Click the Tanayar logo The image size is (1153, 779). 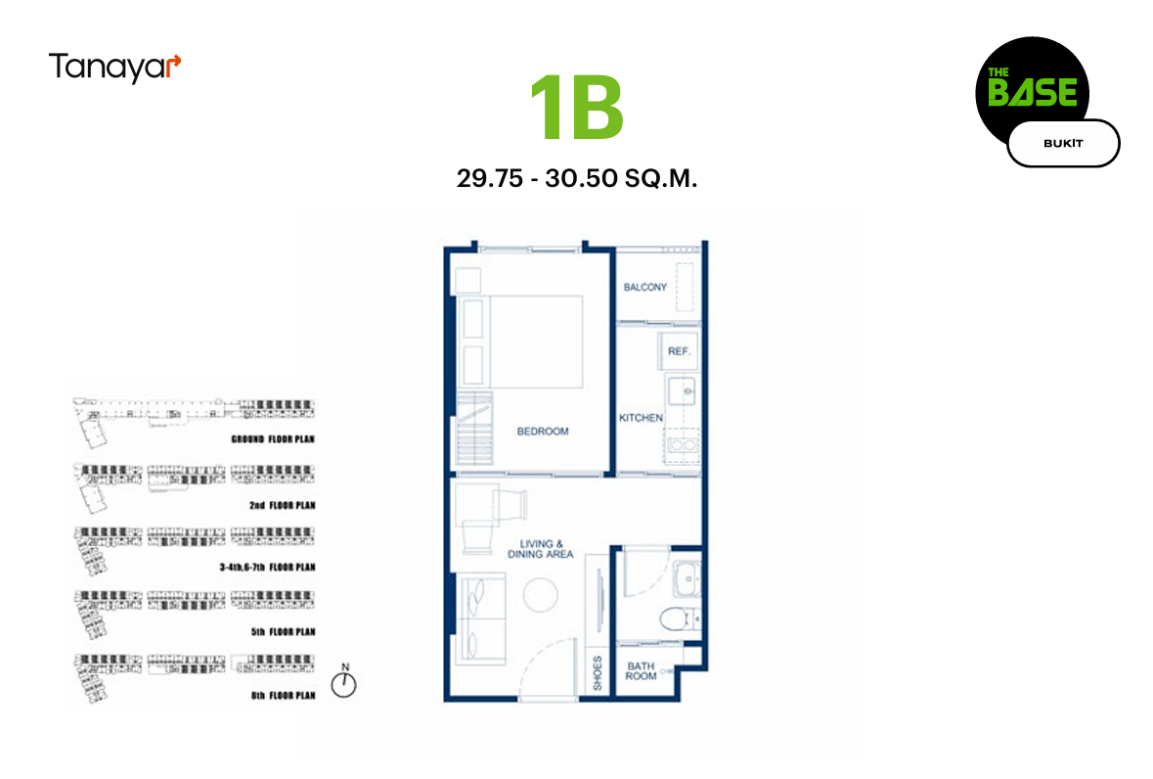pyautogui.click(x=114, y=68)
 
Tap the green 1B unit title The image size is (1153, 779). pyautogui.click(x=577, y=108)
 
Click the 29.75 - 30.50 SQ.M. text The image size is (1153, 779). pyautogui.click(x=577, y=178)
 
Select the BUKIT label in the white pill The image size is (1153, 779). pyautogui.click(x=1063, y=144)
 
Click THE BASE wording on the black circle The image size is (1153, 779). pyautogui.click(x=1033, y=87)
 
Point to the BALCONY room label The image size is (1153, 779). pyautogui.click(x=644, y=287)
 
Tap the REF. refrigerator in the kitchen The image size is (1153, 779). pyautogui.click(x=679, y=351)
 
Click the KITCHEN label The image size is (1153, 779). pyautogui.click(x=641, y=418)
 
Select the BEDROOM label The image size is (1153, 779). pyautogui.click(x=543, y=431)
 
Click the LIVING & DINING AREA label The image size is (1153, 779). pyautogui.click(x=541, y=549)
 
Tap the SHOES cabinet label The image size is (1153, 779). pyautogui.click(x=598, y=672)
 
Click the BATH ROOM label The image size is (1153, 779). pyautogui.click(x=641, y=671)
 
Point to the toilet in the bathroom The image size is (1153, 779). pyautogui.click(x=678, y=619)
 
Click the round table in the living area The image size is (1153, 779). pyautogui.click(x=541, y=594)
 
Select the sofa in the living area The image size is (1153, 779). pyautogui.click(x=481, y=619)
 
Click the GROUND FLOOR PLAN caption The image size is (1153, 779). pyautogui.click(x=273, y=439)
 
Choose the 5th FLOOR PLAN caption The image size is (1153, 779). pyautogui.click(x=283, y=632)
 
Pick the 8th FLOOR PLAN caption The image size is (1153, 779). pyautogui.click(x=283, y=695)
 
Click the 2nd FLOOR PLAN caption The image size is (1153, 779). pyautogui.click(x=283, y=505)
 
